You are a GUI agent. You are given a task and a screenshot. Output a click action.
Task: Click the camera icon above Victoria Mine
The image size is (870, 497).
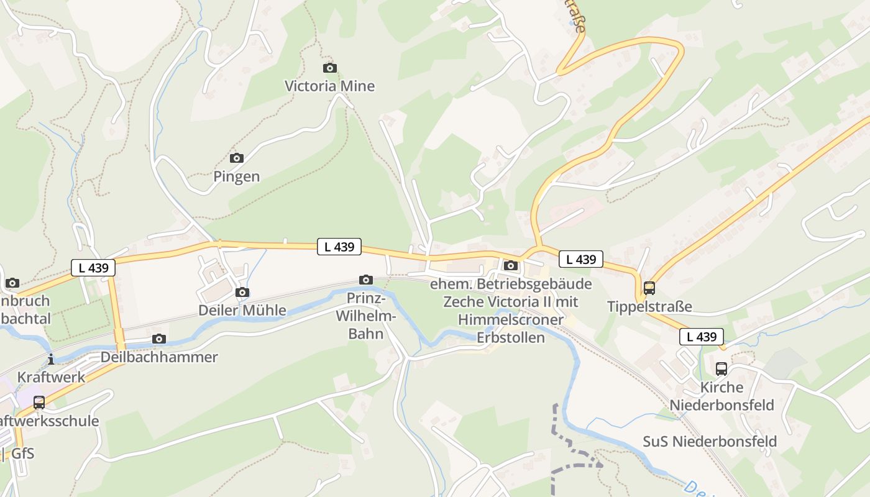330,68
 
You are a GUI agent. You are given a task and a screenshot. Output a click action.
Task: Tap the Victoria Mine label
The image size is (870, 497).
329,86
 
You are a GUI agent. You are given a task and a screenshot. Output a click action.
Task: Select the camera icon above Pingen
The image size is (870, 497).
237,158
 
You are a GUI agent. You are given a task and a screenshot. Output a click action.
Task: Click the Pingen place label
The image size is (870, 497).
237,176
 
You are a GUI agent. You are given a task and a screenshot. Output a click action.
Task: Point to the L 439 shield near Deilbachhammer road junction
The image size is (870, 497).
94,268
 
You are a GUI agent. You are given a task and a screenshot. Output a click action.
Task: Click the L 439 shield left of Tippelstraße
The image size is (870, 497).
581,259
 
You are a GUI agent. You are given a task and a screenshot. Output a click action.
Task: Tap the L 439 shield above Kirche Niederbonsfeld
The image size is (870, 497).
702,337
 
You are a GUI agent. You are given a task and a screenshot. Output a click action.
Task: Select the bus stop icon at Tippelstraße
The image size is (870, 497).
649,288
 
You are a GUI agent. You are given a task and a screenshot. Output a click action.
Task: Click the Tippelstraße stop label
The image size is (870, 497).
649,306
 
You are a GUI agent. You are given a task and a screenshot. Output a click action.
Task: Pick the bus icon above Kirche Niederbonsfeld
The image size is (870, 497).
721,369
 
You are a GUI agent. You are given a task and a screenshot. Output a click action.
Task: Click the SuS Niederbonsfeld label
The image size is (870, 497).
710,442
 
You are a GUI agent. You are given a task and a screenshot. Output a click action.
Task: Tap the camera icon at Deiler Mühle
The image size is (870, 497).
243,292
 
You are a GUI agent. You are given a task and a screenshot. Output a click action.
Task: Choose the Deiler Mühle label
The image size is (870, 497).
242,310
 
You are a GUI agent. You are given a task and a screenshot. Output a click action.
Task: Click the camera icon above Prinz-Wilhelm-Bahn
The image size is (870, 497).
366,280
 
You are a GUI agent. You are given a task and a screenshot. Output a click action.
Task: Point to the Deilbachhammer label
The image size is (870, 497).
159,357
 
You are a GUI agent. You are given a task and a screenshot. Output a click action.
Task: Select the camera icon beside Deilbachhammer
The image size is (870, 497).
159,339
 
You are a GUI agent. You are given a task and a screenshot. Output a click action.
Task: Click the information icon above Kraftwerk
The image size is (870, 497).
51,359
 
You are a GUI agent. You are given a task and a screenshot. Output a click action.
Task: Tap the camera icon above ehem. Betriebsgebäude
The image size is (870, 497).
511,266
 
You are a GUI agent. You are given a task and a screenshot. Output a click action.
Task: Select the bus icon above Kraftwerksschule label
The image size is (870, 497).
39,403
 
